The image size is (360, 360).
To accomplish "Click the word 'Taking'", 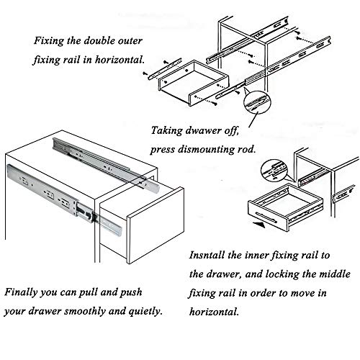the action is pos(166,131).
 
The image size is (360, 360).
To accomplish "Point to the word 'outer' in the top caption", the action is pos(130,41).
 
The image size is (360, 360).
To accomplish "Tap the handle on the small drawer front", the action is pos(266,217).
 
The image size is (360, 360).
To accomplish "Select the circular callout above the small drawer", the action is pos(274,171).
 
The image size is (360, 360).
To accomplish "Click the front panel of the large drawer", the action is pos(156,225).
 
